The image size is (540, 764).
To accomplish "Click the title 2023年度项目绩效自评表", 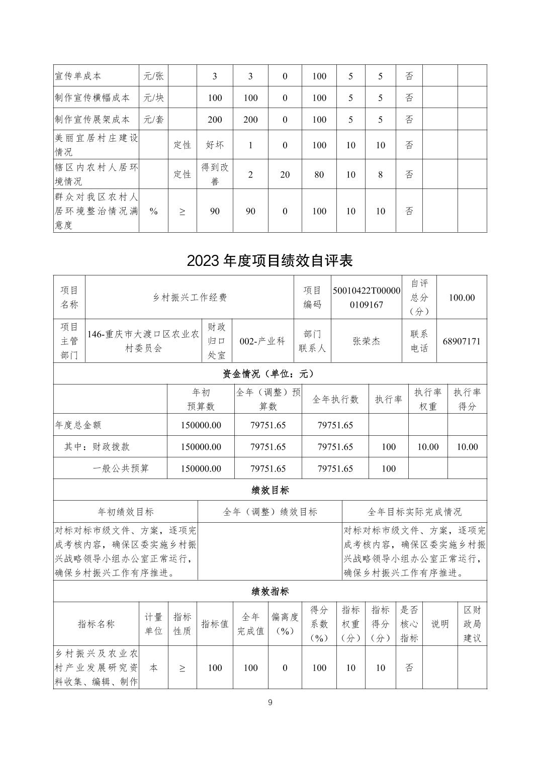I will click(x=270, y=260).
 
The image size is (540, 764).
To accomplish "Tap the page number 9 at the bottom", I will click(x=270, y=703).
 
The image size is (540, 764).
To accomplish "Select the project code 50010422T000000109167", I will click(x=367, y=297).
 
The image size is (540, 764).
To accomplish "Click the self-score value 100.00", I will click(x=462, y=298).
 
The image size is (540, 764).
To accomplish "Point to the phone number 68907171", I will click(x=462, y=341).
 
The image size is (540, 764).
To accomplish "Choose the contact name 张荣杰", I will click(x=367, y=341).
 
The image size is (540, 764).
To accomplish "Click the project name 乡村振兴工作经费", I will click(x=190, y=298).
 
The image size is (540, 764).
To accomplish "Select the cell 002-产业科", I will click(x=262, y=341).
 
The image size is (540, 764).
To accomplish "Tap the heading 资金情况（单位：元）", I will click(x=270, y=373).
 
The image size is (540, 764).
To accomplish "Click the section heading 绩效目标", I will click(x=270, y=490).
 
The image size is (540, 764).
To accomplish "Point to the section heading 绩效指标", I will click(x=270, y=591).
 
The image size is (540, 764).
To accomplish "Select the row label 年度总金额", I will click(x=78, y=425).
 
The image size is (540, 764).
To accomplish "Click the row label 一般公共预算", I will click(x=121, y=468).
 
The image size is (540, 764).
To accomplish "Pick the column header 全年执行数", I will click(x=335, y=399).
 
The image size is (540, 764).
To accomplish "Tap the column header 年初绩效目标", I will click(x=126, y=512).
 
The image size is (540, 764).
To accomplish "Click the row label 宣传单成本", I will click(x=78, y=76).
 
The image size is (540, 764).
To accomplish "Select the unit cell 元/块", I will click(x=153, y=98).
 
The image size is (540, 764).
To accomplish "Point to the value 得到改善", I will click(x=215, y=174).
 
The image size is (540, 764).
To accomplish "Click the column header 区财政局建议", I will click(x=472, y=624).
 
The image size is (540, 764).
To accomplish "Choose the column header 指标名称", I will click(x=96, y=624).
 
